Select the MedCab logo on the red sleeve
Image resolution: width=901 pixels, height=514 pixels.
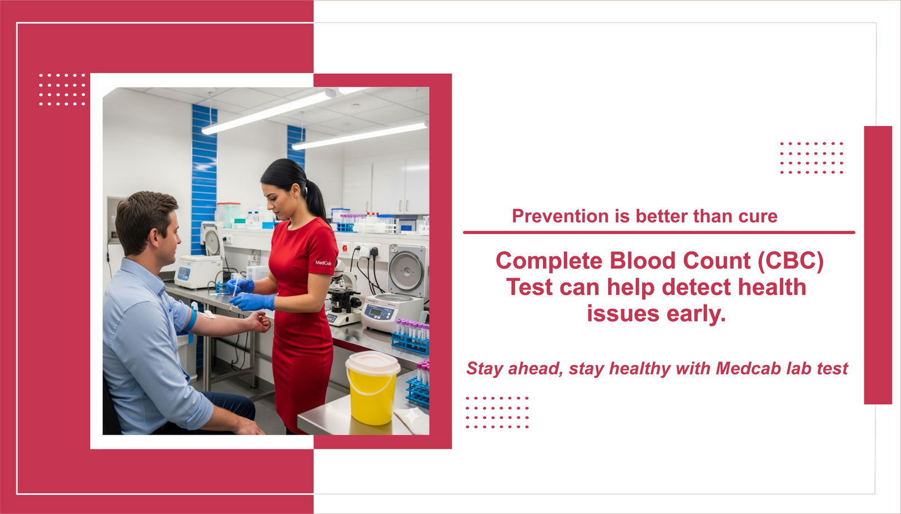pyautogui.click(x=323, y=263)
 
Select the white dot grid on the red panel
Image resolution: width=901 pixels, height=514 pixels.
pyautogui.click(x=62, y=90)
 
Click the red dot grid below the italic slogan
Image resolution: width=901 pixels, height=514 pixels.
pyautogui.click(x=497, y=412)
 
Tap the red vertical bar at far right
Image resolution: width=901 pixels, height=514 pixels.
pyautogui.click(x=877, y=265)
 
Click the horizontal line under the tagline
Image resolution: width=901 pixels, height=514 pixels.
pyautogui.click(x=658, y=232)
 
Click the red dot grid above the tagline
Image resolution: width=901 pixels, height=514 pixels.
pyautogui.click(x=811, y=158)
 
